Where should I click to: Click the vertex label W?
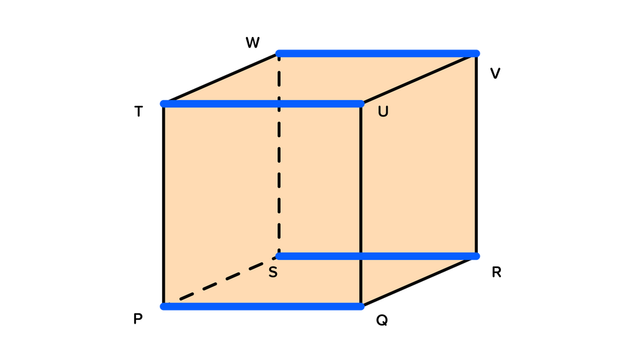coord(252,43)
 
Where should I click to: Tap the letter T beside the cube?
coord(139,111)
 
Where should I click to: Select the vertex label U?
coord(383,111)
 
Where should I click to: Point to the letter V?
coord(495,73)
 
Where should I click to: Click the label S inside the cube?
coord(273,272)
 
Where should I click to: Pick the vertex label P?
coord(138,319)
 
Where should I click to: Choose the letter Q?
coord(381,321)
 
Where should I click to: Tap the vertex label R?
coord(497,272)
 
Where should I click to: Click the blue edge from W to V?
coord(378,53)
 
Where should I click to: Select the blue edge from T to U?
coord(262,104)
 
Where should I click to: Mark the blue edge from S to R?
coord(378,256)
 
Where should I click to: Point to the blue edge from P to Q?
coord(262,307)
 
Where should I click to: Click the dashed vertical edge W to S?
coord(279,155)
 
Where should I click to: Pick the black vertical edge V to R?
coord(477,155)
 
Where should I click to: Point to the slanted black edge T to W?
coord(221,78)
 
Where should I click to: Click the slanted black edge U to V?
coord(419,79)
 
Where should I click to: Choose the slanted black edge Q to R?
coord(419,282)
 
